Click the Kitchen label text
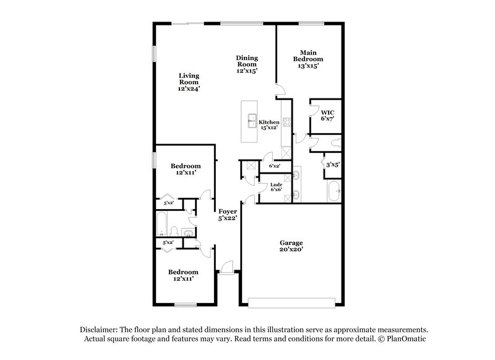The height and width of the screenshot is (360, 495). click(x=269, y=122)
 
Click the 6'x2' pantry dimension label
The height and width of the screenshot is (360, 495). click(x=275, y=166)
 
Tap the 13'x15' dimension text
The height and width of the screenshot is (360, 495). click(x=309, y=65)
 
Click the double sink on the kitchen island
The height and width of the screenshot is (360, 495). click(x=252, y=121)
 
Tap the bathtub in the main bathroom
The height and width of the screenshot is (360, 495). click(x=333, y=192)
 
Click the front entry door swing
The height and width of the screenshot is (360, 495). click(x=227, y=267)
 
